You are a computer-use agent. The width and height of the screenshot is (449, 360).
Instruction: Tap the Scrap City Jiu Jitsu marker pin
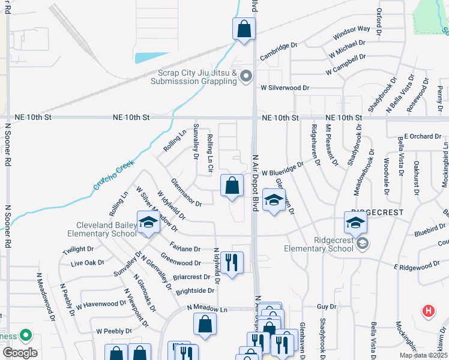246,76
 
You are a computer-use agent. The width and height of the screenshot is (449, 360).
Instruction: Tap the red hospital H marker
429,311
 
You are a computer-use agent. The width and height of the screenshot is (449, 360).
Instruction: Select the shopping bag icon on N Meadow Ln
205,324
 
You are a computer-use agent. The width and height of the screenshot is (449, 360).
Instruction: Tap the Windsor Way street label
352,29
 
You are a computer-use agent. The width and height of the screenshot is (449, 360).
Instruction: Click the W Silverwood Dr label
285,88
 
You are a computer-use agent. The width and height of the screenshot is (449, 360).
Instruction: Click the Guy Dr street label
327,306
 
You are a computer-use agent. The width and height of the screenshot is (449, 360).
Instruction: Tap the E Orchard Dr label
423,136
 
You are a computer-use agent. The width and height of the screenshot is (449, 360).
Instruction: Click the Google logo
20,353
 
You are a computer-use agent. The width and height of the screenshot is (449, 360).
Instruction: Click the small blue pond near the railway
151,58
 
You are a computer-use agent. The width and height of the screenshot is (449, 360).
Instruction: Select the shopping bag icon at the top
244,28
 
